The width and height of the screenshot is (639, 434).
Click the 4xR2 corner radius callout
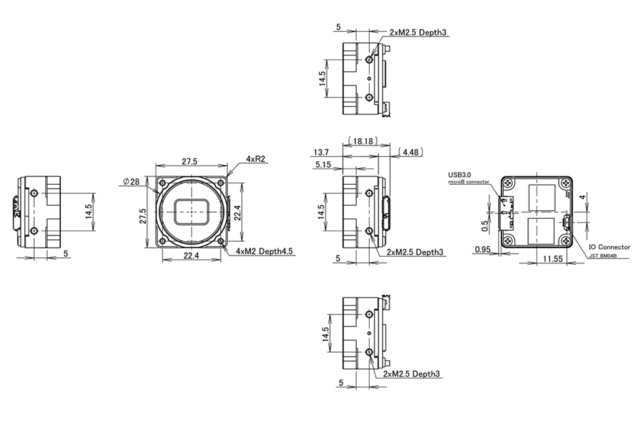pos(256,159)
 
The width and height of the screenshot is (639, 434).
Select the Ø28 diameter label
pos(132,182)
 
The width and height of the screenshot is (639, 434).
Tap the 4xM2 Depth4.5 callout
pos(264,251)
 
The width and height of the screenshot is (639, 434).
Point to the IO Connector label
pos(609,247)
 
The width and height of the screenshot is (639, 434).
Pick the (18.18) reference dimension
pos(363,141)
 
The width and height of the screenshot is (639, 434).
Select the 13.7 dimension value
pos(321,153)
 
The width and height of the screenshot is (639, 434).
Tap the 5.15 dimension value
pos(323,165)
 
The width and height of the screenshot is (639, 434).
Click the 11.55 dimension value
pos(552,259)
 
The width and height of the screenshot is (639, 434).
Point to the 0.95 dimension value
pos(483,249)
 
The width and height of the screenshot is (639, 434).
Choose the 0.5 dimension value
pos(485,226)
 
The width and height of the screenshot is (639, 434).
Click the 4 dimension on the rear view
pos(583,197)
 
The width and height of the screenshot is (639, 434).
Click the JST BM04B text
pos(603,256)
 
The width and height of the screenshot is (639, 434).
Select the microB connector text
pos(468,182)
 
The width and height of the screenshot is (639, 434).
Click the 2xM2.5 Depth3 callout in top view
pos(418,33)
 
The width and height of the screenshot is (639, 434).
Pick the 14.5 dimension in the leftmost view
pos(89,211)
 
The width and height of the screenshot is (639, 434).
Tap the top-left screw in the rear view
pos(509,184)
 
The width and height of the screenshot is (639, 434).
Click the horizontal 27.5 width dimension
pos(189,162)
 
